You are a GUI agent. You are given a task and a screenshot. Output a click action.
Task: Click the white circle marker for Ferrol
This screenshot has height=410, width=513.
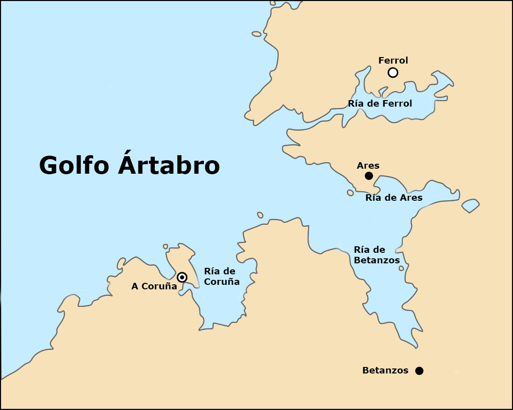(x=393, y=73)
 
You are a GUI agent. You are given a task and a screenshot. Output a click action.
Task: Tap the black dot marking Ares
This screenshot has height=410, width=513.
(x=369, y=176)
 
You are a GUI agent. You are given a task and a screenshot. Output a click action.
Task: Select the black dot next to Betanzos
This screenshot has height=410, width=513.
(x=419, y=371)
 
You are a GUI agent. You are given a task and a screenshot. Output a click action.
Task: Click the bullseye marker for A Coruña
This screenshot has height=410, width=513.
(x=182, y=277)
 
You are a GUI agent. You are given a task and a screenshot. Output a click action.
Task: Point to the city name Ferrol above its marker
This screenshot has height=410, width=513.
(x=393, y=61)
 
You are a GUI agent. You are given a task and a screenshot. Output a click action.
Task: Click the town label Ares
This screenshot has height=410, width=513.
(x=368, y=165)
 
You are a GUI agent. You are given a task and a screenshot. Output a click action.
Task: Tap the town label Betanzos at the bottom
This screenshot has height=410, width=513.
(x=385, y=371)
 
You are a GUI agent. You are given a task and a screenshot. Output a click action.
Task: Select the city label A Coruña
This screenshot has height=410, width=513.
(x=154, y=286)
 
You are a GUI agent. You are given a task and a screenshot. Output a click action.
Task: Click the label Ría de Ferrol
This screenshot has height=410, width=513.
(x=380, y=104)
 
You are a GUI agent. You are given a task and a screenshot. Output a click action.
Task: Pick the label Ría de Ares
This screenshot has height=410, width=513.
(x=394, y=198)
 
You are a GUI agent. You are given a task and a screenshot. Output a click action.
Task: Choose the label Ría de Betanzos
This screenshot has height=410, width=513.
(x=376, y=255)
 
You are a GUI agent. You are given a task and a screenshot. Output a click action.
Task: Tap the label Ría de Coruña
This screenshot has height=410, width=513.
(x=221, y=276)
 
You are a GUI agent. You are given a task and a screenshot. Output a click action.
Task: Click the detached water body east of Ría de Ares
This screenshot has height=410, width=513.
(x=470, y=205)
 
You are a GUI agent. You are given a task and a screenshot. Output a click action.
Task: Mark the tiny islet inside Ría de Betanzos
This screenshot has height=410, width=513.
(x=401, y=268)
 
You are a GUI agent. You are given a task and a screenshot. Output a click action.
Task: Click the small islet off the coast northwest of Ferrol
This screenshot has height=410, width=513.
(x=256, y=34)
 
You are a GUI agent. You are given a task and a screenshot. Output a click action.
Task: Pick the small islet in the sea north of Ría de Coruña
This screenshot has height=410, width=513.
(x=260, y=215)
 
